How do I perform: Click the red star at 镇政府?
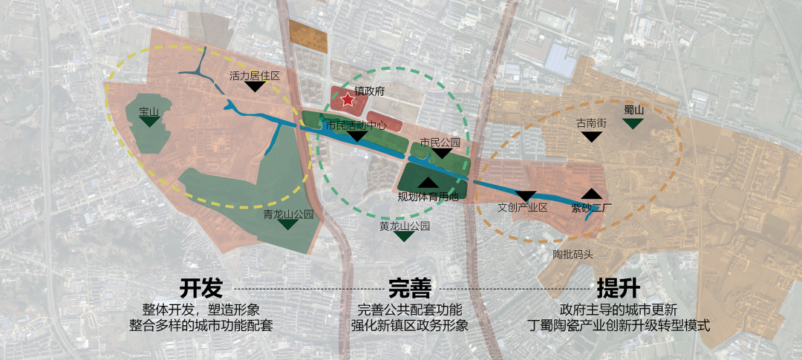[x=347, y=100]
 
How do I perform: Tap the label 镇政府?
[x=369, y=92]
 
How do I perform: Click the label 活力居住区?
[x=255, y=76]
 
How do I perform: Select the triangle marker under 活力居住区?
[x=255, y=87]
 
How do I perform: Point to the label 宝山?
[x=149, y=112]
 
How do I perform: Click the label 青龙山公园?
[x=289, y=214]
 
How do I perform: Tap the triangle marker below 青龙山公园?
[x=289, y=224]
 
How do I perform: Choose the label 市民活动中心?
[x=356, y=125]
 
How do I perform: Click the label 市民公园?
[x=440, y=142]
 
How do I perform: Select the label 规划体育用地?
[x=428, y=197]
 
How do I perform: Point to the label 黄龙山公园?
[x=405, y=226]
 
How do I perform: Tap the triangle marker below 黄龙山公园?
[x=405, y=236]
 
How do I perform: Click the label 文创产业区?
[x=522, y=208]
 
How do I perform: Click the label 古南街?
[x=592, y=123]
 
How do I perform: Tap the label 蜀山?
[x=633, y=110]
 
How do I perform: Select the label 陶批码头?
[x=573, y=255]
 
